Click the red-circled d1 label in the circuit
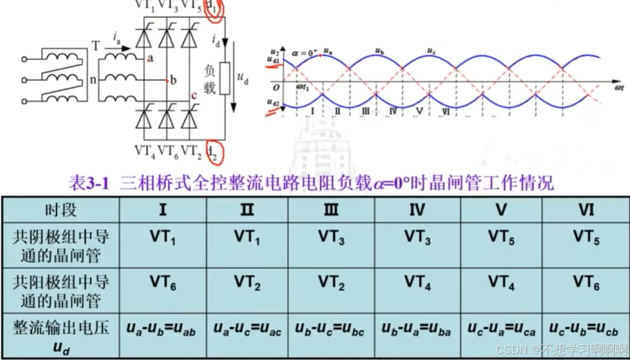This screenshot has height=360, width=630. [215, 8]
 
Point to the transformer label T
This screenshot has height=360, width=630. [97, 47]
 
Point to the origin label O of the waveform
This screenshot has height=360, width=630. [275, 84]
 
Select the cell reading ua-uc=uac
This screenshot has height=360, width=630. [247, 329]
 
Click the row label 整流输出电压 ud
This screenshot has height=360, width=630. [61, 336]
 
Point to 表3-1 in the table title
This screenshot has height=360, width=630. [90, 183]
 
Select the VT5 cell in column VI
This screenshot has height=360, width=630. [586, 237]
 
